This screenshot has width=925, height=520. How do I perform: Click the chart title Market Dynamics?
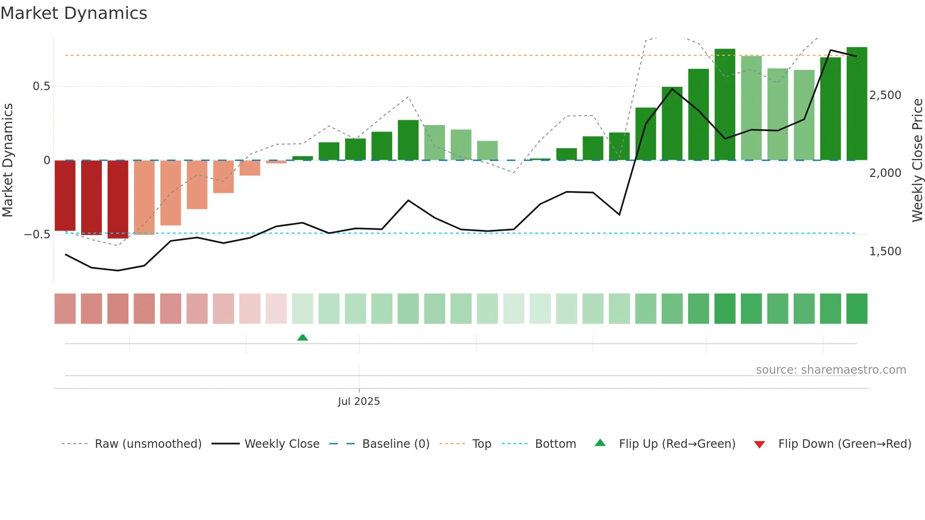click(74, 13)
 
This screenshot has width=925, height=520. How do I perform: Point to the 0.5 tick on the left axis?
click(41, 86)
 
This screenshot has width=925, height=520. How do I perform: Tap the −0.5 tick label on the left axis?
click(37, 235)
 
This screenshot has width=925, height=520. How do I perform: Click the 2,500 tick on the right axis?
click(885, 95)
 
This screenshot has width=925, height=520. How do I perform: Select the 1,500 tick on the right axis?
click(885, 252)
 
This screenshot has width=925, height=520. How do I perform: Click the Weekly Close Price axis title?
click(917, 160)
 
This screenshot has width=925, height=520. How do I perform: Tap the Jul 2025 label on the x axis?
click(359, 402)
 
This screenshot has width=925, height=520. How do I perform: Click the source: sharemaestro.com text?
click(831, 370)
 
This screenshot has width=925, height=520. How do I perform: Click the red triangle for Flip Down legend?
click(759, 445)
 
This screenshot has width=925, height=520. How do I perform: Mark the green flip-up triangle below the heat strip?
click(303, 337)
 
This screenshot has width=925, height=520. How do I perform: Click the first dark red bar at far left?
click(65, 195)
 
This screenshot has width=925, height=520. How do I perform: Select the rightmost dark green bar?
click(857, 104)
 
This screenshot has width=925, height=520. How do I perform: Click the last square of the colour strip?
click(857, 309)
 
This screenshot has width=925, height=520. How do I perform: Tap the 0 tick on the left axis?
click(47, 160)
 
